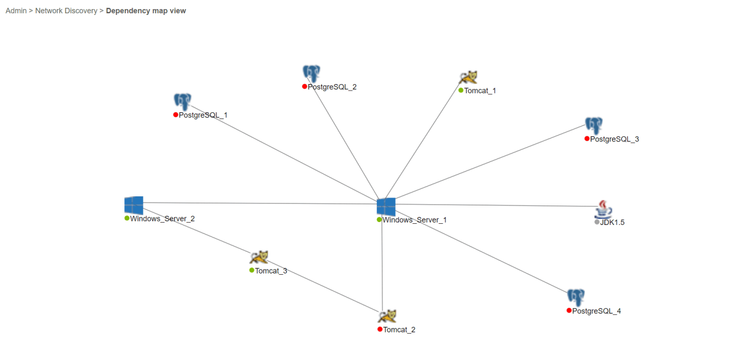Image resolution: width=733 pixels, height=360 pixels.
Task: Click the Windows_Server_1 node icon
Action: click(386, 207)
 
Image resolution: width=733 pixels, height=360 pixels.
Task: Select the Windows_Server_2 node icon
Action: click(133, 205)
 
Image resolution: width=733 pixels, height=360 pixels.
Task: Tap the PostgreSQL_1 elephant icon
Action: click(182, 102)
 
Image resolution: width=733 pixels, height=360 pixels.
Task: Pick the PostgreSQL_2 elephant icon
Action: click(311, 73)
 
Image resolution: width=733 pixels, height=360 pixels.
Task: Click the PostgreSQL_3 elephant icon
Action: click(593, 125)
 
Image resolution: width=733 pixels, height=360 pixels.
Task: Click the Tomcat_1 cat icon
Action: click(468, 77)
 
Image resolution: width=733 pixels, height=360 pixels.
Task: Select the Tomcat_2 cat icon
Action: click(387, 316)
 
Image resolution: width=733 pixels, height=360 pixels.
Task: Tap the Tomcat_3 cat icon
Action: click(259, 257)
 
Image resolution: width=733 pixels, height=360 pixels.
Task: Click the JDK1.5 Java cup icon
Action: click(603, 209)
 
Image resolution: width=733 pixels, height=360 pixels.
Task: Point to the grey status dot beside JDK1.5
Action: click(597, 222)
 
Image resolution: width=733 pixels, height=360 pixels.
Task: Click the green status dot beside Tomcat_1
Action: click(461, 90)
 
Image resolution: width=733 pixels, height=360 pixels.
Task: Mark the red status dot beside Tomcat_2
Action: click(380, 330)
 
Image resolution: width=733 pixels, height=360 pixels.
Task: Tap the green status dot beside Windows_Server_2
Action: click(127, 218)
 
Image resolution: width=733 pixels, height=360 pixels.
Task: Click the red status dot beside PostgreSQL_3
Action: click(587, 139)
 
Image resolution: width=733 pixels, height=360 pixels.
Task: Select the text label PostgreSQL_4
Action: click(597, 311)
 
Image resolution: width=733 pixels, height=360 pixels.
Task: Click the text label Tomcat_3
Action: click(271, 271)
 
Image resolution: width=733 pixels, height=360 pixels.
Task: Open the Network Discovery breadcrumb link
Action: click(66, 11)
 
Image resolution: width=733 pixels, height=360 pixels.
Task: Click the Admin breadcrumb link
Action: click(16, 11)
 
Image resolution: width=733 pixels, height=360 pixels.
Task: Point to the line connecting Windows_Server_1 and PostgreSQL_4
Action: click(481, 252)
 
